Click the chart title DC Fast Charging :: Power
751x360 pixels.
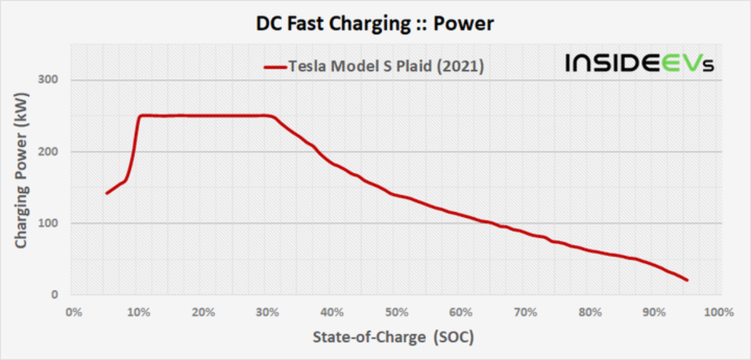click(375, 24)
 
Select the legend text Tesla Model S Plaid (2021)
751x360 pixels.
click(386, 66)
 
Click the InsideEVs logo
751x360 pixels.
click(638, 63)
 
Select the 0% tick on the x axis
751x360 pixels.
click(74, 312)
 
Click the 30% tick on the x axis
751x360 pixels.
click(267, 312)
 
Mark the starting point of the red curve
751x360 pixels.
click(106, 193)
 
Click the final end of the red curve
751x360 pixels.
click(687, 280)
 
